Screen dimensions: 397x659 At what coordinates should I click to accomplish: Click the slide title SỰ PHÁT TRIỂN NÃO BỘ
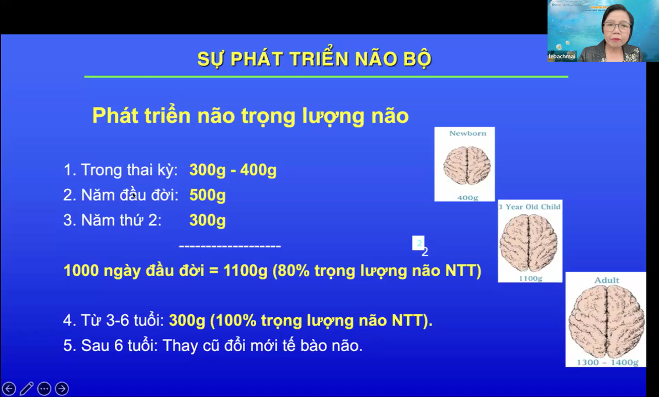(314, 59)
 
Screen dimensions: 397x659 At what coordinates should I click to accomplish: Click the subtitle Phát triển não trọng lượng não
(250, 116)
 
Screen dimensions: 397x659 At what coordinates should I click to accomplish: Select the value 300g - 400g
(233, 170)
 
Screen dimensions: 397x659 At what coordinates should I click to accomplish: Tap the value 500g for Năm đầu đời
(207, 195)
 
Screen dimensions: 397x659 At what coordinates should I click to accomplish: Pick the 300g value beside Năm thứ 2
(207, 221)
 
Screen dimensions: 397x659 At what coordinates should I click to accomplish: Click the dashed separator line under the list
(230, 246)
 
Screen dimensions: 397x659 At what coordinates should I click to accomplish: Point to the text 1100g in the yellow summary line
(245, 271)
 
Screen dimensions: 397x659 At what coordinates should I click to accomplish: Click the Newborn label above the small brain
(467, 133)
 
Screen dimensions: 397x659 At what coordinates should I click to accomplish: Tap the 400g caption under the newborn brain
(467, 197)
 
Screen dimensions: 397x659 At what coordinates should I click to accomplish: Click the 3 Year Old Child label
(529, 207)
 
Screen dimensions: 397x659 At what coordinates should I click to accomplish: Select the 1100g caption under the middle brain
(530, 278)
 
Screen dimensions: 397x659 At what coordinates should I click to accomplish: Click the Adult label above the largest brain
(606, 280)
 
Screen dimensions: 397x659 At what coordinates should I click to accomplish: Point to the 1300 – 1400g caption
(607, 362)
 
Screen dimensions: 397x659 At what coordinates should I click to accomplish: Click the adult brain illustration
(606, 321)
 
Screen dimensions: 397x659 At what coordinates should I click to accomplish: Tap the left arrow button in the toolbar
(9, 388)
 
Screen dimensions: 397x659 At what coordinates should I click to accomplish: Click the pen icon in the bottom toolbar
(27, 388)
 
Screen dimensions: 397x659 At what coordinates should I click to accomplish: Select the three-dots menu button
(44, 388)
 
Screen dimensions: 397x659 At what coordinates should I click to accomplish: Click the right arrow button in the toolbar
(62, 388)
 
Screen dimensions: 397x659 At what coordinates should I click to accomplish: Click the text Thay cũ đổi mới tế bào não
(263, 346)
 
